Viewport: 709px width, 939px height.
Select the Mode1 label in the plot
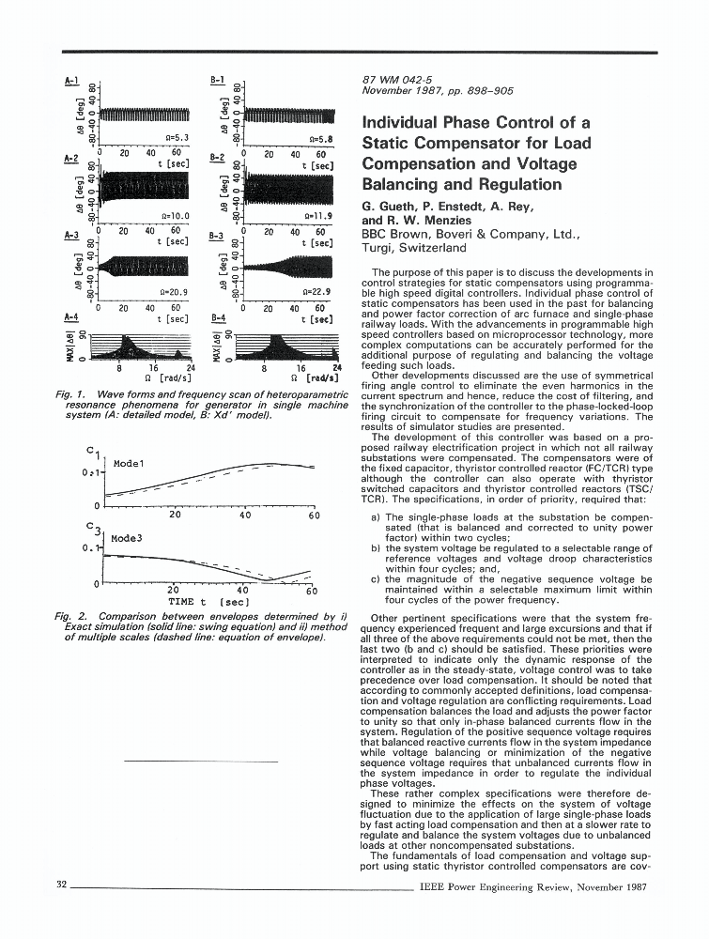(127, 464)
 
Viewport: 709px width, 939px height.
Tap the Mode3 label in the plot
(127, 539)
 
